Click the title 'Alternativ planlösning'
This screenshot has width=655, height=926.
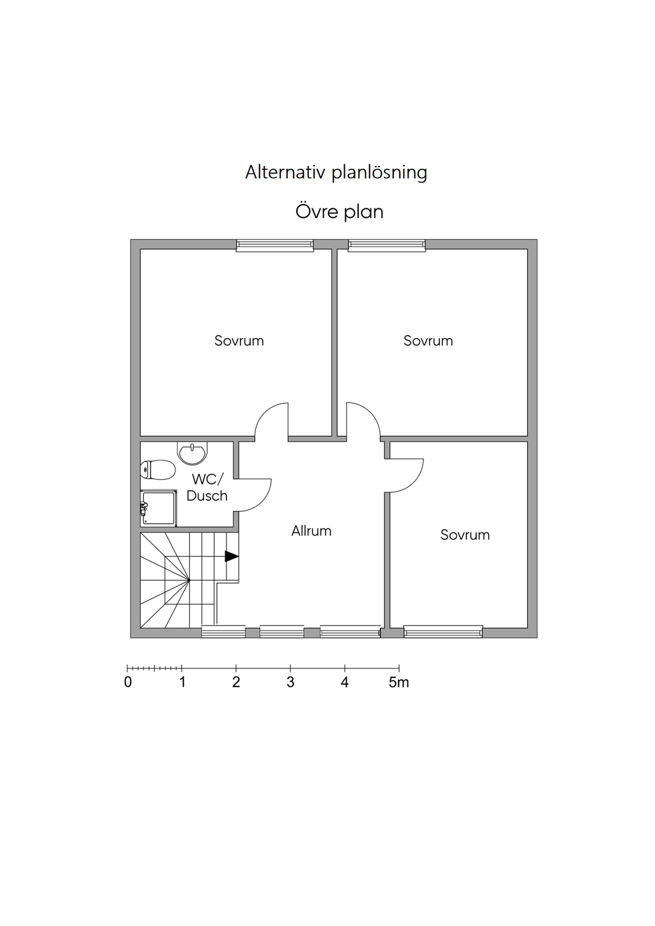point(336,173)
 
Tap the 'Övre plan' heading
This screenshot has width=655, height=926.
point(339,212)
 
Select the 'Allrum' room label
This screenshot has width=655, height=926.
point(312,531)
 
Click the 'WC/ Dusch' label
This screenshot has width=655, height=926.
point(207,488)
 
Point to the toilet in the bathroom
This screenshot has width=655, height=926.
point(158,470)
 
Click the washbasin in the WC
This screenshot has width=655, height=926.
point(192,454)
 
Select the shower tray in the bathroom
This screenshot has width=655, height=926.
point(159,508)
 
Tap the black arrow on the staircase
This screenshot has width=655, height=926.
point(232,557)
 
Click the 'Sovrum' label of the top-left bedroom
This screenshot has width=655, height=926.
point(239,341)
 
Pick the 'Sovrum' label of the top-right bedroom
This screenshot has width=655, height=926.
point(428,341)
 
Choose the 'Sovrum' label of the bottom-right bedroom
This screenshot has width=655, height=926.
point(465,535)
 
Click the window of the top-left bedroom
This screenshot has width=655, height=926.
point(275,245)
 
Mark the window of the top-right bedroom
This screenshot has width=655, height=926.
point(386,245)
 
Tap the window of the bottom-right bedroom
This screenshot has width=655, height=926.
point(443,632)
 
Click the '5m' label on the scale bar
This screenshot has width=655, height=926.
point(399,683)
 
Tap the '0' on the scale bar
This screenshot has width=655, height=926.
point(128,683)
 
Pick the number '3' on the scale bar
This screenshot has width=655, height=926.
point(290,683)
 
